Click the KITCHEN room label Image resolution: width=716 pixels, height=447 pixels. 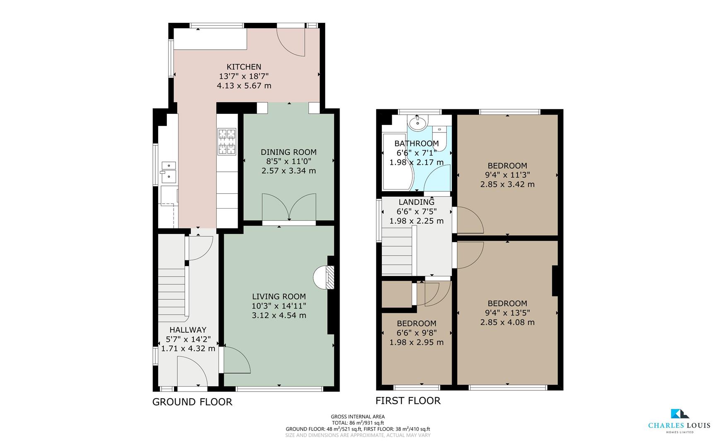tap(243, 67)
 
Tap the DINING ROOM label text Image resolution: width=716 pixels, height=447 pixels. tap(288, 152)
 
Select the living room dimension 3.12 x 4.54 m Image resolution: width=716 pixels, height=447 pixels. tap(279, 315)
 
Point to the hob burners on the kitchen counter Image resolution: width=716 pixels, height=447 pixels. tap(227, 142)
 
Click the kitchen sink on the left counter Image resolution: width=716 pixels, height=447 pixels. tap(169, 172)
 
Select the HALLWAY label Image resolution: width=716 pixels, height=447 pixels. tap(188, 330)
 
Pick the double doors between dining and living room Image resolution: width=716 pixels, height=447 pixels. tap(289, 207)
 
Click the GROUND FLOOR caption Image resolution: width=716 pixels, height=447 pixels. tap(192, 402)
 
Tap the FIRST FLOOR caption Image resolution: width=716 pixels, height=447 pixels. tap(408, 401)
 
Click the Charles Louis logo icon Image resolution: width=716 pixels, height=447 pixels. tap(679, 413)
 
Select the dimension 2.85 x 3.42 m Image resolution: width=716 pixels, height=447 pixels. tap(507, 185)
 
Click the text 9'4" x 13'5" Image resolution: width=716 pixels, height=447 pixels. tap(507, 313)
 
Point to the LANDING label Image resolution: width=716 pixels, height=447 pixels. tap(416, 202)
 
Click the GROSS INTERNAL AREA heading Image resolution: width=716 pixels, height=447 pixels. tap(357, 417)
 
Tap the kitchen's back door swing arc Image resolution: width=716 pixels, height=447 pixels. tap(291, 42)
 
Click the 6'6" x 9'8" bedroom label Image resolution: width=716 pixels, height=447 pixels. tap(416, 333)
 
